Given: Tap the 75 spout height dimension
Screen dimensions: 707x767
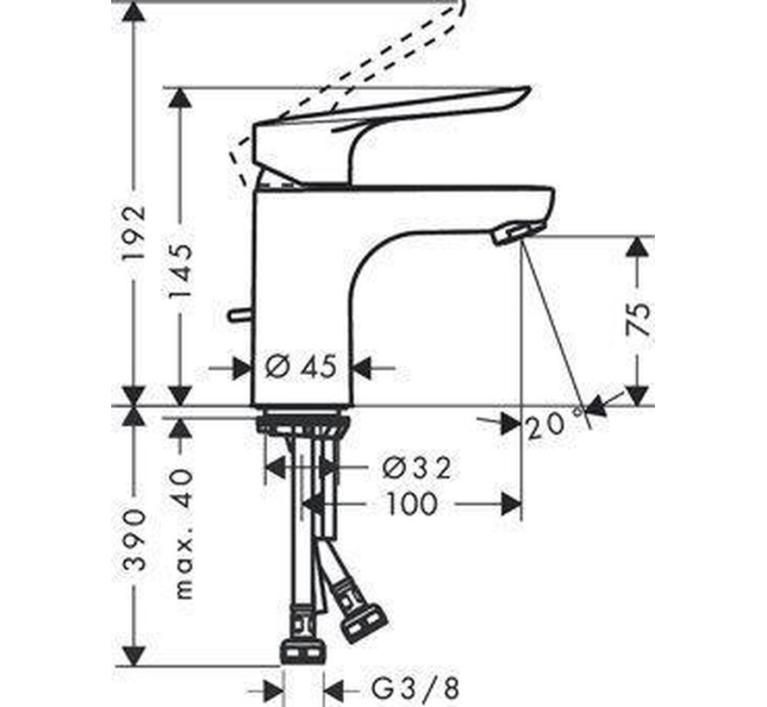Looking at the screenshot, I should [638, 320].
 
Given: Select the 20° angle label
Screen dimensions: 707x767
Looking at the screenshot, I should [554, 425].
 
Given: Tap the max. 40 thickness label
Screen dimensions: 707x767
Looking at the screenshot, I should [183, 535].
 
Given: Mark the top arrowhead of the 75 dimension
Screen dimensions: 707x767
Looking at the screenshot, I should [637, 247].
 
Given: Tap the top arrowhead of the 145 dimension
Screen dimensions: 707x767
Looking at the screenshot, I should [179, 99].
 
